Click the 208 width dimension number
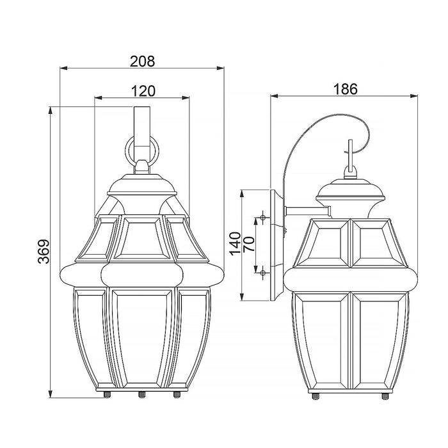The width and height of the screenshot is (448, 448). pos(142,61)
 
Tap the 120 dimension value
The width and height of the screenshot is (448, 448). pos(143,91)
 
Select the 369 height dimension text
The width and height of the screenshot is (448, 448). pos(44,252)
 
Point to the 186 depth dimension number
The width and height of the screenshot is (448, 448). pos(345,89)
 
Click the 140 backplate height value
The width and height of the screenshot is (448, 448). pos(235,244)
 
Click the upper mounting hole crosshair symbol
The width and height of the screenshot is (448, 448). pos(263,218)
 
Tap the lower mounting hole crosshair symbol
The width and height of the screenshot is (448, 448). pos(263,273)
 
